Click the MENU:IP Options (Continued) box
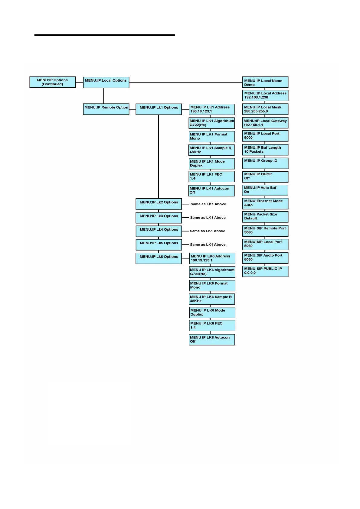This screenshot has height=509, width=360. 52,82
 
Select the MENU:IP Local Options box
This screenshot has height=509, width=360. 106,82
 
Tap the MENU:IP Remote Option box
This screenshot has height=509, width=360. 106,109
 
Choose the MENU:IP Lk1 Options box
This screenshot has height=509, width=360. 159,109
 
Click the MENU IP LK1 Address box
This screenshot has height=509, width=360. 212,109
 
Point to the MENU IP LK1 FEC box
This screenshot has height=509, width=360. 211,177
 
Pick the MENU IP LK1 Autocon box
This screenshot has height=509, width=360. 211,190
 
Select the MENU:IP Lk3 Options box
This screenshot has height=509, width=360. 159,218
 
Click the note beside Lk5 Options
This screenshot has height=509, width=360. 208,245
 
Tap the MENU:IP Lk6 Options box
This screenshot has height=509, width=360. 159,258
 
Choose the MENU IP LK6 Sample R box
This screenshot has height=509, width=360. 212,299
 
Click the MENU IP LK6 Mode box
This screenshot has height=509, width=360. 212,313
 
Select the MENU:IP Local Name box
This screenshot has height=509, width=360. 265,82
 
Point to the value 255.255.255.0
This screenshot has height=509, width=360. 256,111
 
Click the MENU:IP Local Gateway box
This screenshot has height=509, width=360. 265,123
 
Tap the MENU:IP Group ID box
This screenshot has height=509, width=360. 265,163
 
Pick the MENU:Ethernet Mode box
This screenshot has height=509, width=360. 265,203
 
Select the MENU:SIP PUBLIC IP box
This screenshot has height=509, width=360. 265,271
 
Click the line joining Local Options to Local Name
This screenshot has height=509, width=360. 185,82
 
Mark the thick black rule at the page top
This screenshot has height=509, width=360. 104,35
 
